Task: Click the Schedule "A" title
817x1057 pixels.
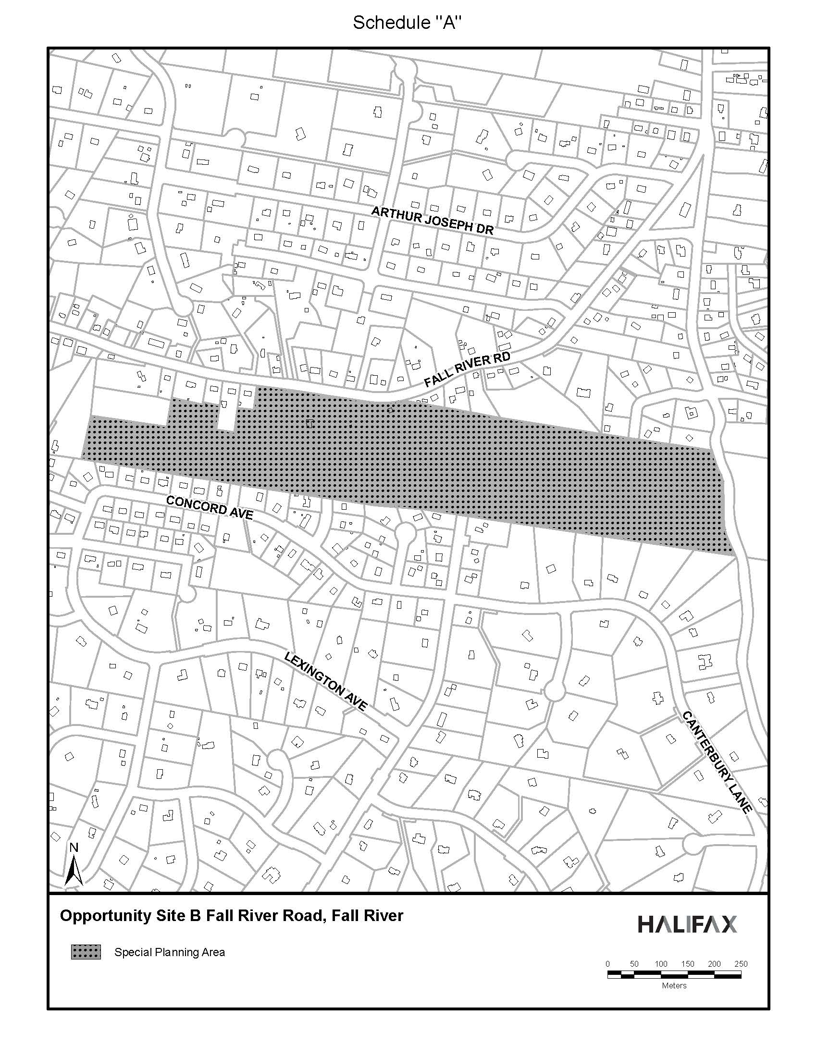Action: click(x=407, y=22)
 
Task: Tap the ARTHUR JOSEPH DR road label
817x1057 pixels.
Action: click(x=432, y=221)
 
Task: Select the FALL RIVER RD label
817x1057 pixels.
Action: click(x=467, y=369)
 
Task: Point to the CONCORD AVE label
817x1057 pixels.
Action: click(x=209, y=507)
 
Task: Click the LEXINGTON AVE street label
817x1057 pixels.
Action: click(x=325, y=681)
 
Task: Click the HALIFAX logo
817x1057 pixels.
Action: click(x=687, y=924)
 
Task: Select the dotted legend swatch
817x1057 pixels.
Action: click(x=86, y=952)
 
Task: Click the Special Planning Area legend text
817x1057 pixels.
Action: click(x=169, y=952)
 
